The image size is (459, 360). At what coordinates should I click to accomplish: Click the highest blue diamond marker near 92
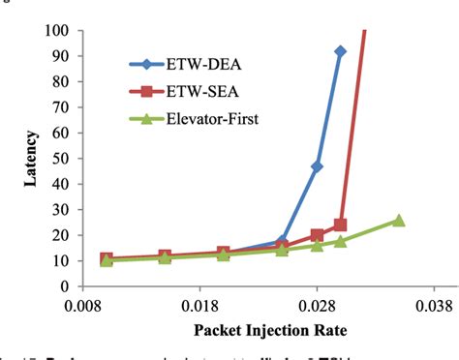point(341,51)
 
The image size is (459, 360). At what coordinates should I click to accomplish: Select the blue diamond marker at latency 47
point(317,166)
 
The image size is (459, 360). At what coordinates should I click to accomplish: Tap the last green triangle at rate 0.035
point(398,220)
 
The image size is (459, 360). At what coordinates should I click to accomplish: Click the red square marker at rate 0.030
point(341,225)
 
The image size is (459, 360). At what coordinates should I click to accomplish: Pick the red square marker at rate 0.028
point(317,235)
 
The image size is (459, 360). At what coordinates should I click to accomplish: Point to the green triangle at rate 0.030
point(341,241)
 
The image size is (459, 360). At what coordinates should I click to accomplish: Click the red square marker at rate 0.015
point(166,256)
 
